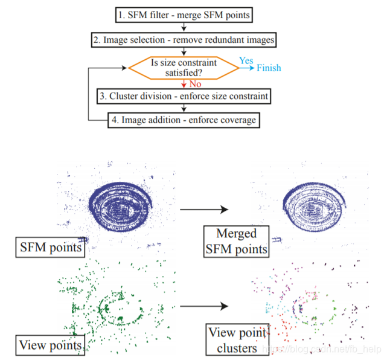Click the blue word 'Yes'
point(246,60)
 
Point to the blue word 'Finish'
point(269,68)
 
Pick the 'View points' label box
point(50,345)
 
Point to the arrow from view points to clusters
point(203,306)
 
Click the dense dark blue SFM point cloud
point(124,208)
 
